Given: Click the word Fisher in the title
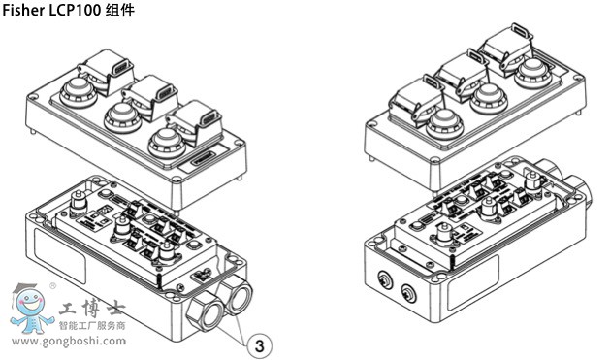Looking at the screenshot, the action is click(x=23, y=10).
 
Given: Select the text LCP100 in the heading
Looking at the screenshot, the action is click(x=75, y=10).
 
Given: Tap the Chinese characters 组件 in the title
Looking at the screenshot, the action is click(x=120, y=10).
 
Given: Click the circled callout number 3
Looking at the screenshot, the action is click(x=260, y=345).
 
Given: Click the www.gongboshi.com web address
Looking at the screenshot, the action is click(x=69, y=342).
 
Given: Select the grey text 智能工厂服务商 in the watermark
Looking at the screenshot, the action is click(x=92, y=325).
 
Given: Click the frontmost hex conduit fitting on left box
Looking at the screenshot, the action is click(x=205, y=313).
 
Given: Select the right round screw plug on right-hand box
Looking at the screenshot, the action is click(x=408, y=293).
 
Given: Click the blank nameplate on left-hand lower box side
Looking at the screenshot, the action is click(x=59, y=250).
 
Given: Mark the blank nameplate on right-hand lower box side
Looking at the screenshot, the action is click(x=472, y=283).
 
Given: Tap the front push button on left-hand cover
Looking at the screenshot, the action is click(x=167, y=144).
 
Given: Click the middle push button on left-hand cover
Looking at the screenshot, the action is click(x=122, y=117).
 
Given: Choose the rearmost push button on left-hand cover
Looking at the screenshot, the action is click(x=79, y=92).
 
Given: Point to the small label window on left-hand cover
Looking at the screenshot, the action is click(x=202, y=157).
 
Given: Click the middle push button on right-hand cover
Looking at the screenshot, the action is click(x=489, y=98).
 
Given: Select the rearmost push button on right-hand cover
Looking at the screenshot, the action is click(x=533, y=73).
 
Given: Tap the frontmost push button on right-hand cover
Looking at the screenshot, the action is click(x=445, y=124).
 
